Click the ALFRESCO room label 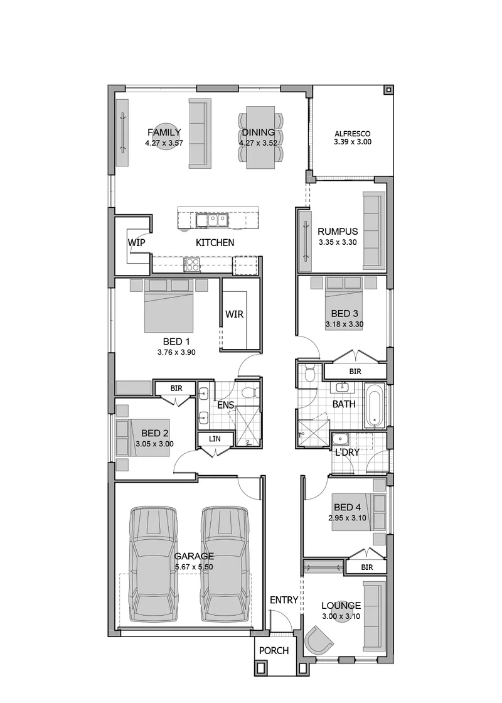tap(353, 134)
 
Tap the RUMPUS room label tap(338, 232)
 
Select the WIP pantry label tap(137, 242)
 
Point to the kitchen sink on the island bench tap(212, 220)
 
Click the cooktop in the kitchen tap(192, 265)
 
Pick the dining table tap(260, 137)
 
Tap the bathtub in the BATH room tap(374, 405)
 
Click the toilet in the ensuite tap(250, 392)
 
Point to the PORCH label tap(274, 650)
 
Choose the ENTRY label tap(284, 600)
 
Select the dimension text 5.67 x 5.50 tap(194, 567)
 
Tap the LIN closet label tap(215, 439)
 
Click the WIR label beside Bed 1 tap(235, 314)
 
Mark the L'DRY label tap(348, 453)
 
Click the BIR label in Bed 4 tap(367, 567)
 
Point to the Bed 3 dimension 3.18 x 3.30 tap(344, 324)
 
